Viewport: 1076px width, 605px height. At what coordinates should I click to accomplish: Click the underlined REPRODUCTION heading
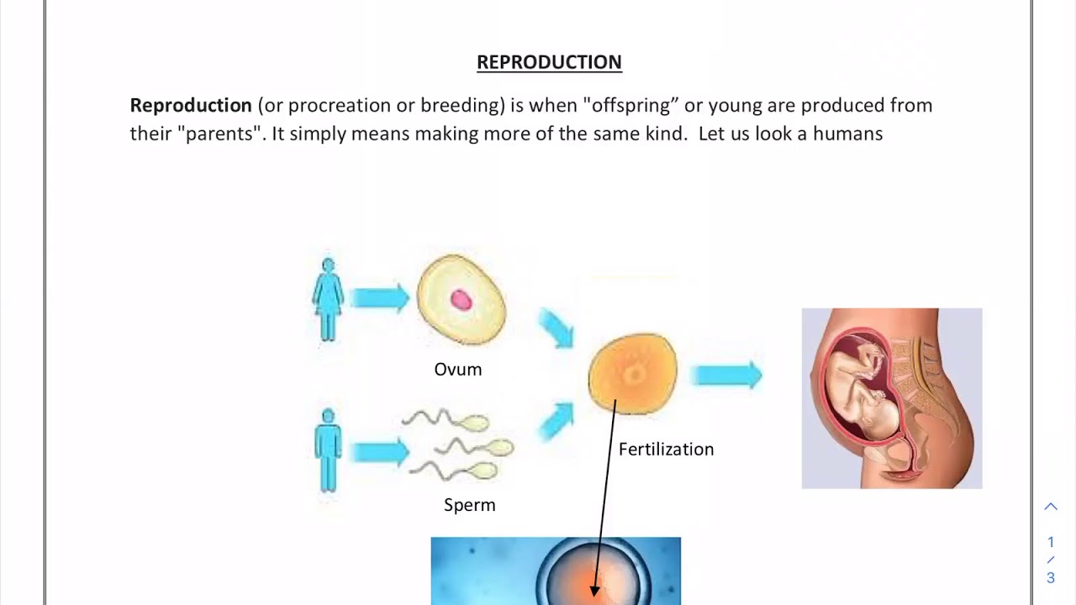coord(549,62)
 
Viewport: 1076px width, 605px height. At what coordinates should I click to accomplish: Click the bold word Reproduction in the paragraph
coord(191,106)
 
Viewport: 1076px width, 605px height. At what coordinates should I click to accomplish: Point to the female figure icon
coord(328,299)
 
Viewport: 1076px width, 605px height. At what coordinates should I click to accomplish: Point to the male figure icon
coord(328,450)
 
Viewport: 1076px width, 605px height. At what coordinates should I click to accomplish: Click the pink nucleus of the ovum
coord(461,300)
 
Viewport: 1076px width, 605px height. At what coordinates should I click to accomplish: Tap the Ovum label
coord(458,370)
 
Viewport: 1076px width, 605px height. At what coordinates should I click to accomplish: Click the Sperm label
coord(470,505)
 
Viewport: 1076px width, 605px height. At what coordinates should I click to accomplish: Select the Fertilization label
coord(666,450)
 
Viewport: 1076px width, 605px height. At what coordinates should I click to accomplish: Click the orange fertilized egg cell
coord(632,373)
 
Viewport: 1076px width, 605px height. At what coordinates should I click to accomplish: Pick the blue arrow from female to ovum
coord(379,297)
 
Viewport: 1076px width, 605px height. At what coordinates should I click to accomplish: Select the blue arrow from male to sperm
coord(379,452)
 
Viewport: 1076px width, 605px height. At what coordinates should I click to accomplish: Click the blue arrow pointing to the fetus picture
coord(726,375)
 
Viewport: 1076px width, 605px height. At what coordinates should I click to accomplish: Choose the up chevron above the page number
coord(1051,507)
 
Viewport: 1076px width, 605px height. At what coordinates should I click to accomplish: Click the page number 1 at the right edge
coord(1051,542)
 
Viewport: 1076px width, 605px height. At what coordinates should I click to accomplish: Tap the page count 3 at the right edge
coord(1051,578)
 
